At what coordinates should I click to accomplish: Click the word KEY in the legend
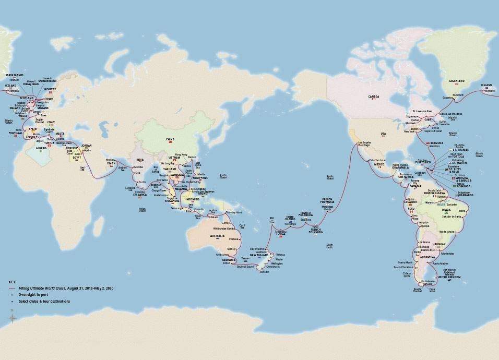[11, 282]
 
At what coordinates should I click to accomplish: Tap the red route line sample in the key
[12, 288]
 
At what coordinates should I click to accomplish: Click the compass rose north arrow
[12, 316]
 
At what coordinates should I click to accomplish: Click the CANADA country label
[373, 97]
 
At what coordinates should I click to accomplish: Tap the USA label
[383, 134]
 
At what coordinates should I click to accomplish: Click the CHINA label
[170, 139]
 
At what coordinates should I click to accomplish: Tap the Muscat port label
[109, 160]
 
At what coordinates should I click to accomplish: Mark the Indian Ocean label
[138, 210]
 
